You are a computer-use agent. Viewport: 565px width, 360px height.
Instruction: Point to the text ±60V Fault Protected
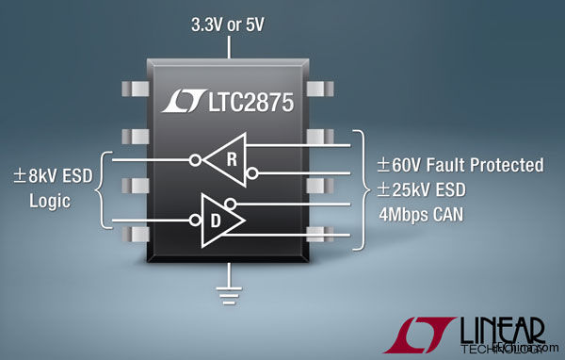coord(460,165)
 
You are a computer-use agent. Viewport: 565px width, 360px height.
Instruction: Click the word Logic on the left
coord(49,201)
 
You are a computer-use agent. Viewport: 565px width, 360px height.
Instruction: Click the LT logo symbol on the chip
coord(181,102)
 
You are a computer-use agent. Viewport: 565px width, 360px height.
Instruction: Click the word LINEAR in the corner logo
coord(505,327)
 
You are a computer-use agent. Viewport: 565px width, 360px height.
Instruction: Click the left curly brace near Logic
coord(103,189)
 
